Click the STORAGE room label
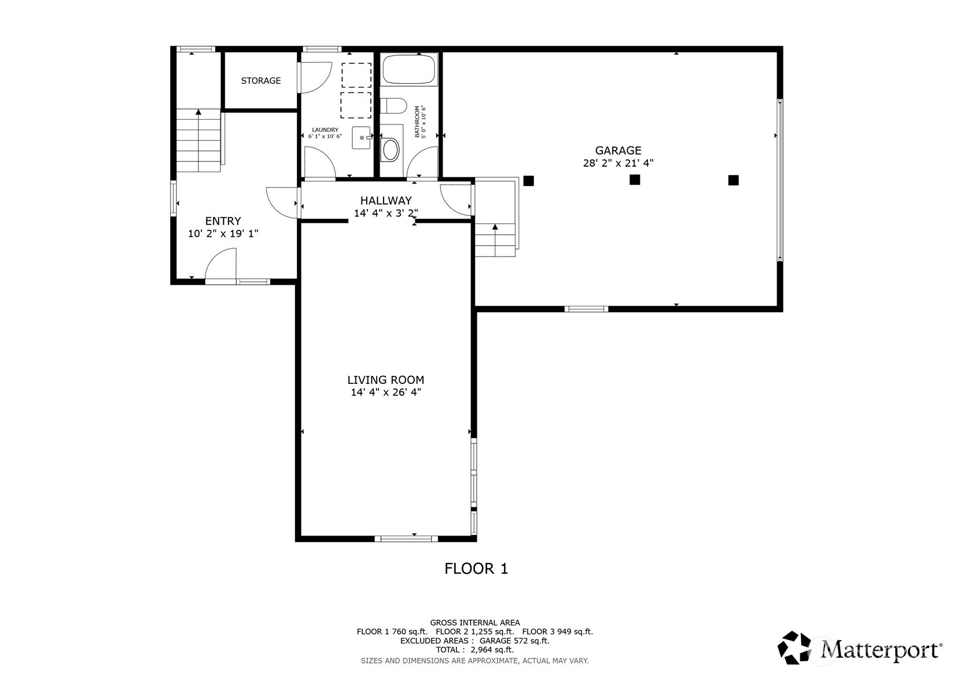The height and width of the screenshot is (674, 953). pyautogui.click(x=260, y=81)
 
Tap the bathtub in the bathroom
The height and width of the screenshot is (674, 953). pyautogui.click(x=409, y=69)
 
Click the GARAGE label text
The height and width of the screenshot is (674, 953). pyautogui.click(x=618, y=151)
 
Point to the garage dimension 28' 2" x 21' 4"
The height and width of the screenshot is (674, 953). pyautogui.click(x=618, y=163)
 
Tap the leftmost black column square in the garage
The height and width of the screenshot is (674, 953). pyautogui.click(x=528, y=181)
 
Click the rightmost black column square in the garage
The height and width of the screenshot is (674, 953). pyautogui.click(x=733, y=180)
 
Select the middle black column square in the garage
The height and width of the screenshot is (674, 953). pyautogui.click(x=635, y=180)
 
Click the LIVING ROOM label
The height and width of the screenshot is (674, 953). pyautogui.click(x=385, y=380)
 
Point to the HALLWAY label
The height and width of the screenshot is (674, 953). pyautogui.click(x=386, y=200)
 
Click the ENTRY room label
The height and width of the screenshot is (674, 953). pyautogui.click(x=223, y=221)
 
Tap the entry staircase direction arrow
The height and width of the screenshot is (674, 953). pyautogui.click(x=198, y=112)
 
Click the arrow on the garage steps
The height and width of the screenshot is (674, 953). pyautogui.click(x=495, y=227)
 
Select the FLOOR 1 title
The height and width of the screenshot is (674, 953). pyautogui.click(x=476, y=569)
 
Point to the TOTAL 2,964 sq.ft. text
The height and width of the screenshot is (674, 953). pyautogui.click(x=474, y=650)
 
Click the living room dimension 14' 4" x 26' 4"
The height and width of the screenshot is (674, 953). pyautogui.click(x=385, y=393)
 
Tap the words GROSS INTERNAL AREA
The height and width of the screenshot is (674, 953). pyautogui.click(x=474, y=623)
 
